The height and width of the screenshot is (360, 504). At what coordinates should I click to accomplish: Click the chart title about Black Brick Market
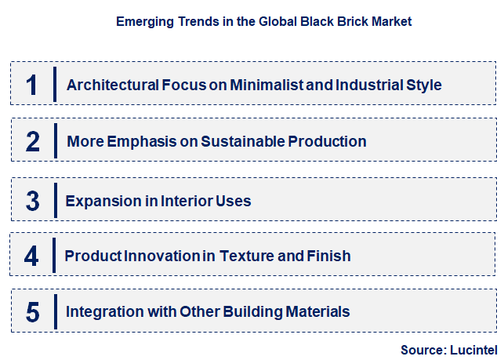click(263, 22)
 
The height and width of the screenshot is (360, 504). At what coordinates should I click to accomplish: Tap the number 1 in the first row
click(32, 84)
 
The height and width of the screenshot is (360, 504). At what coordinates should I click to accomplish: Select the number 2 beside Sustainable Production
click(32, 142)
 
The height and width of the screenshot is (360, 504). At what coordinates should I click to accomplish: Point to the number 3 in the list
click(32, 201)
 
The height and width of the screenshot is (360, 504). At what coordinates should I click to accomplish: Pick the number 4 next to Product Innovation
click(31, 256)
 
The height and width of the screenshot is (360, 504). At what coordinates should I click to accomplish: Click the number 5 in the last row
click(32, 312)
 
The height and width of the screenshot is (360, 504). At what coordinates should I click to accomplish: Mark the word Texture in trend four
click(252, 256)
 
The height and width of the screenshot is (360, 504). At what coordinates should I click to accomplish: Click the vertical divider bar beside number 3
click(56, 201)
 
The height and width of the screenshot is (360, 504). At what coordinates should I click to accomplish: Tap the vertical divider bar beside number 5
click(56, 312)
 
